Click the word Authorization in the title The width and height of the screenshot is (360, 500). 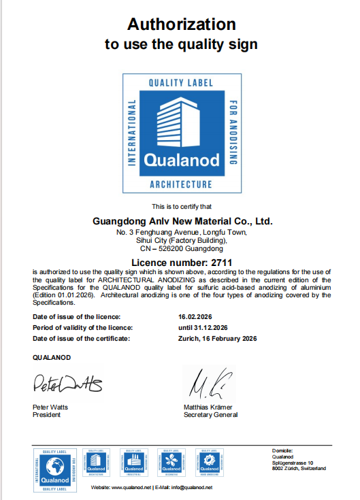pyautogui.click(x=182, y=24)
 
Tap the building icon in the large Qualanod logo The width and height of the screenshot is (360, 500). pyautogui.click(x=180, y=123)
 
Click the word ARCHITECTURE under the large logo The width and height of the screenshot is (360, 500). pyautogui.click(x=180, y=184)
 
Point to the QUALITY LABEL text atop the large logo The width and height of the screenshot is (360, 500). pyautogui.click(x=180, y=82)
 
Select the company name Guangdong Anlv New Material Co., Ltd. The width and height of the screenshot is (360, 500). pyautogui.click(x=182, y=221)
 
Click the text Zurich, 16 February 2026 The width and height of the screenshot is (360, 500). pyautogui.click(x=217, y=338)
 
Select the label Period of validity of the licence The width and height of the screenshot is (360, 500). pyautogui.click(x=82, y=327)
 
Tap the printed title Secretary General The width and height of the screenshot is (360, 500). pyautogui.click(x=211, y=414)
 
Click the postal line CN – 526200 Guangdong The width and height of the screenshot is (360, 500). pyautogui.click(x=182, y=249)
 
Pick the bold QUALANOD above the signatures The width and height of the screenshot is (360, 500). pyautogui.click(x=52, y=357)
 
